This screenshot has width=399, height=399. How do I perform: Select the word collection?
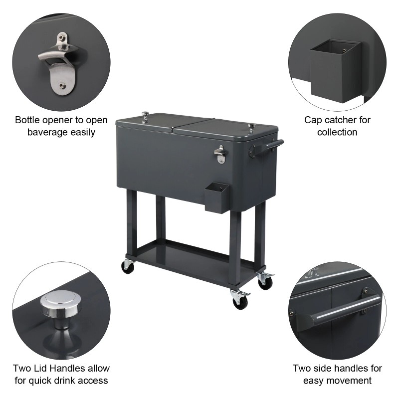(338, 132)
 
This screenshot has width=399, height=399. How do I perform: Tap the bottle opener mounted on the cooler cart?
(220, 154)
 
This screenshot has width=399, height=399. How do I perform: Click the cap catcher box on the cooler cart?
(216, 197)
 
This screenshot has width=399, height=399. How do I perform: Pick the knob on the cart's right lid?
(251, 128)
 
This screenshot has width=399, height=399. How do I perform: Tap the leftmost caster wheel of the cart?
(128, 267)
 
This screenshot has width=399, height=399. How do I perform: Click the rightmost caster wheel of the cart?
(265, 282)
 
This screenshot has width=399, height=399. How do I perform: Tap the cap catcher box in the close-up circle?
(334, 70)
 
